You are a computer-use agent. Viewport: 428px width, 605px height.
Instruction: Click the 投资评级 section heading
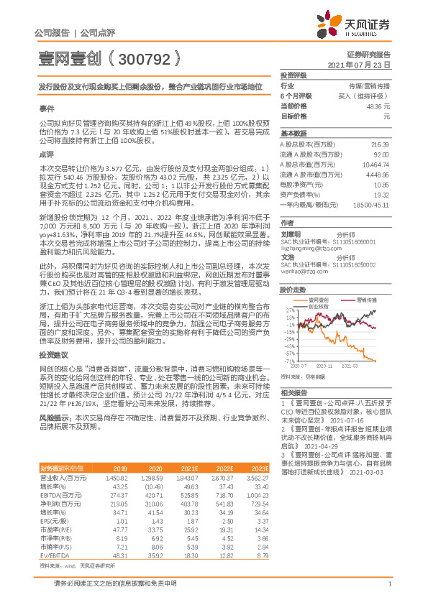pos(293,75)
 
